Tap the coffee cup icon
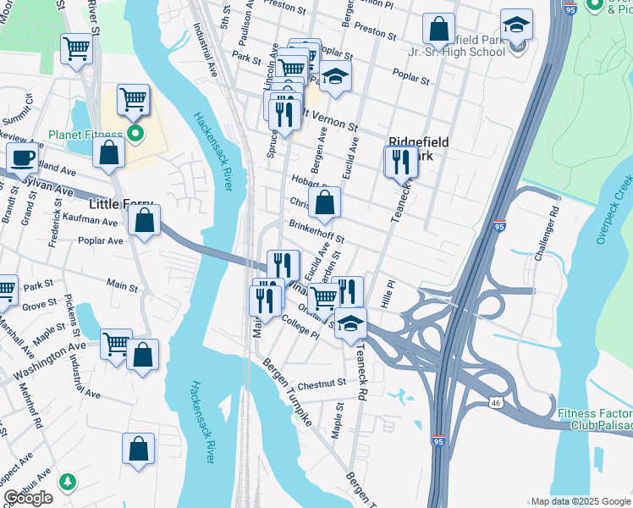tap(23, 157)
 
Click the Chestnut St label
tap(322, 383)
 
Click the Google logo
tap(29, 498)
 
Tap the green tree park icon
tap(67, 481)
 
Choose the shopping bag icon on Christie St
tap(325, 203)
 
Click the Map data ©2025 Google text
tap(580, 501)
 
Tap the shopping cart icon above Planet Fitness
tap(133, 100)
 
